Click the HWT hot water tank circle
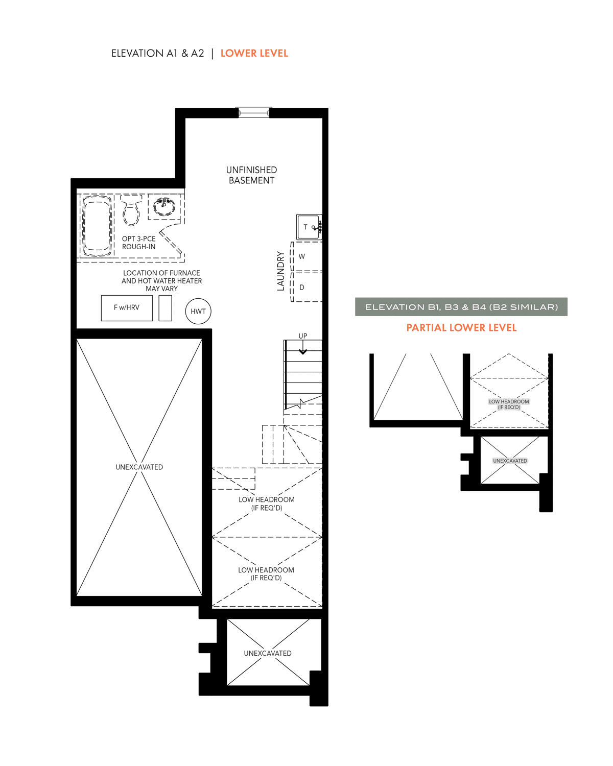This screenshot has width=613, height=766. tap(198, 311)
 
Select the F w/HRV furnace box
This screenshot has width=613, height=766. tap(127, 308)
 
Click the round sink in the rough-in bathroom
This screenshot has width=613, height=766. tap(164, 207)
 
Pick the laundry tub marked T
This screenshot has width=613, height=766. tap(309, 227)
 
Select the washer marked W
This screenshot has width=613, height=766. tap(306, 257)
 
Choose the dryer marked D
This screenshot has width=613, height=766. tap(306, 287)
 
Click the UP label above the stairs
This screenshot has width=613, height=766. tap(303, 336)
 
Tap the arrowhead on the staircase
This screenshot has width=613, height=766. tap(303, 352)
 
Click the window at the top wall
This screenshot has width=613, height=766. tap(253, 112)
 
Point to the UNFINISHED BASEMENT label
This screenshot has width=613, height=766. tap(251, 175)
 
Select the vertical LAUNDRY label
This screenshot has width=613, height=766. tap(281, 271)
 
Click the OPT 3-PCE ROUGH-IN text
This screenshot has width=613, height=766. tap(139, 243)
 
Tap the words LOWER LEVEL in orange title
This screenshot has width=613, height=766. tap(254, 54)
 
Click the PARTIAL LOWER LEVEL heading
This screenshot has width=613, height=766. tap(461, 327)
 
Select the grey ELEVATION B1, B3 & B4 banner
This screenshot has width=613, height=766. tap(461, 307)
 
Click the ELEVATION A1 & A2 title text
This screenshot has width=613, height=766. tap(157, 54)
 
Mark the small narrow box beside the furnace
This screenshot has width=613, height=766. tap(166, 308)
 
